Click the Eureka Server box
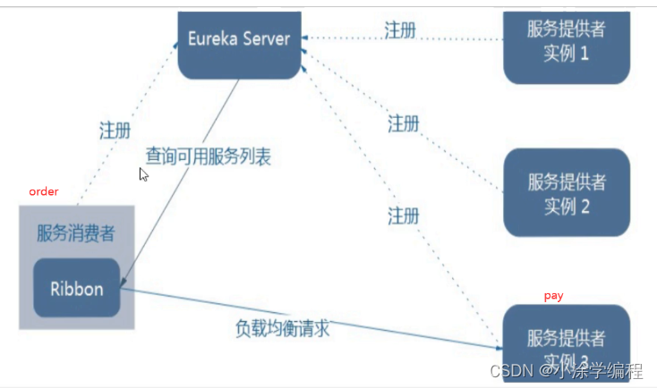click(x=239, y=40)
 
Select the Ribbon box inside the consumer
click(x=76, y=289)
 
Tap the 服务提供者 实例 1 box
click(x=567, y=40)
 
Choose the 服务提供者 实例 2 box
click(x=567, y=193)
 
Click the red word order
click(x=44, y=191)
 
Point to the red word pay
click(x=554, y=295)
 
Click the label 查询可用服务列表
click(x=208, y=156)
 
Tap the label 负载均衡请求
click(x=279, y=328)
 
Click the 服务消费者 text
click(x=75, y=233)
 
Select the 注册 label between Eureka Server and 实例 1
click(x=400, y=30)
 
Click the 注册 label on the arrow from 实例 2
click(x=404, y=123)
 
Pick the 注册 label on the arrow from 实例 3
click(x=404, y=215)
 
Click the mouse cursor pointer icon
click(x=143, y=174)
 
